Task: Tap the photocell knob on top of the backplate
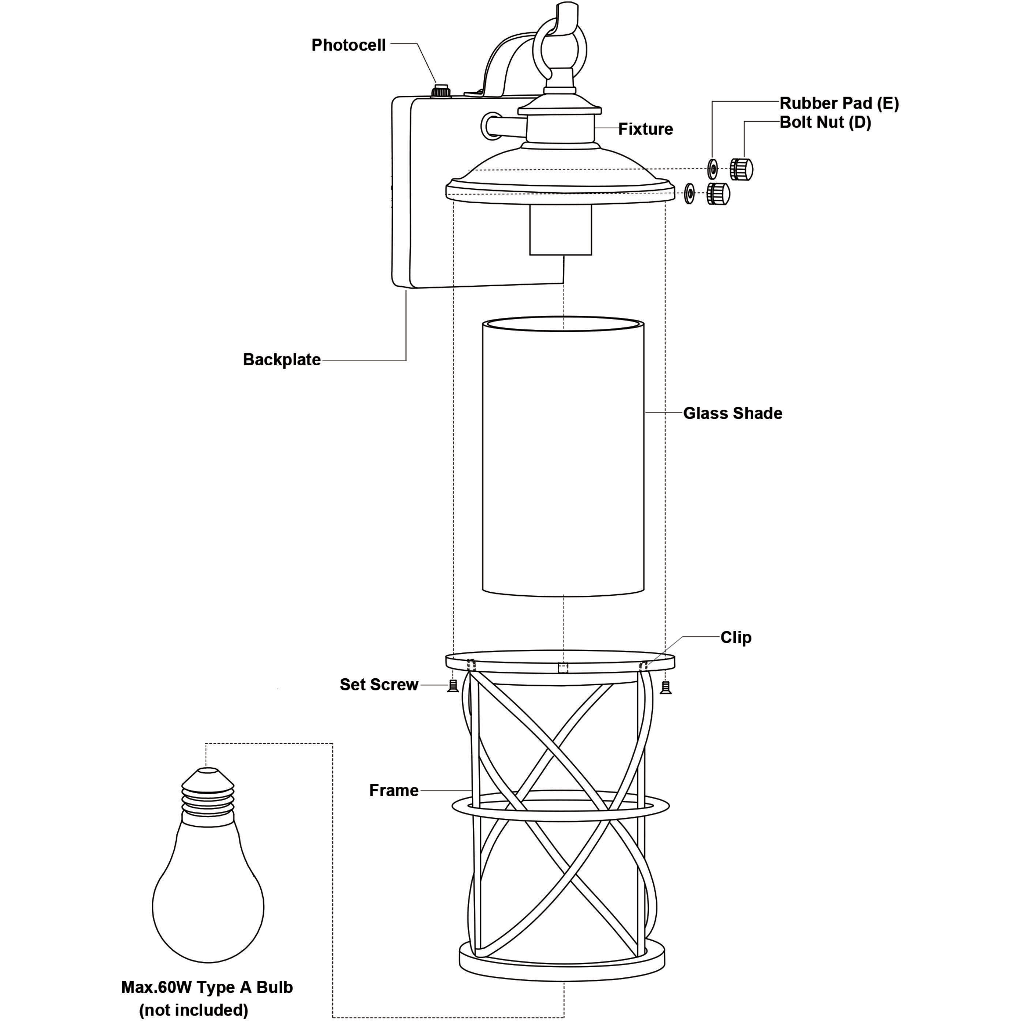(x=441, y=90)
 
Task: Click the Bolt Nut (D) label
(x=825, y=123)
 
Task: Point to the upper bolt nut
(x=742, y=169)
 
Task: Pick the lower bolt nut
(x=719, y=194)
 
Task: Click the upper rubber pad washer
(x=712, y=169)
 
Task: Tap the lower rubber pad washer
(x=689, y=194)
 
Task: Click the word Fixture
(x=646, y=129)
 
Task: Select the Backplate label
(x=282, y=360)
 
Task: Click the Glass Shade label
(x=732, y=413)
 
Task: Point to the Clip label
(x=736, y=637)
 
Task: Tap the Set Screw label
(x=379, y=684)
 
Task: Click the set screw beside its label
(x=453, y=686)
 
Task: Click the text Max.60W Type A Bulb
(x=207, y=987)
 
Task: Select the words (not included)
(x=193, y=1010)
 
